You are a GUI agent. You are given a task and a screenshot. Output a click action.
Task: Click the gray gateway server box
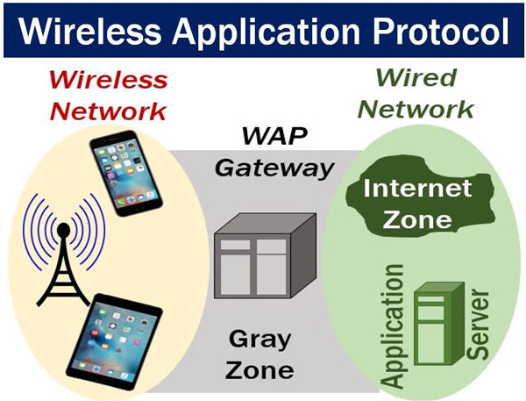click(x=260, y=259)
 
